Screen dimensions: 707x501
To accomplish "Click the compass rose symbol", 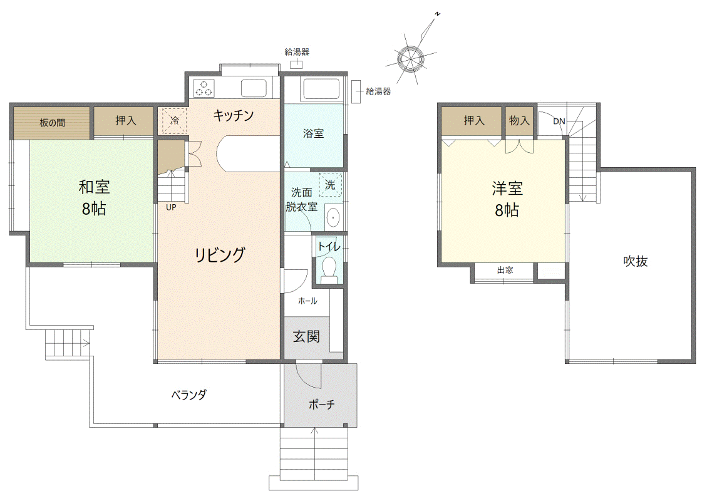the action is pos(411,58).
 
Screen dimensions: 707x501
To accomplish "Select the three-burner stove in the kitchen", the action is pos(204,88).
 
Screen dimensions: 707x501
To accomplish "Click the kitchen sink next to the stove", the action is pos(254,88).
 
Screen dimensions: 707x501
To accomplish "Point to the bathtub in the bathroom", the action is pos(321,89).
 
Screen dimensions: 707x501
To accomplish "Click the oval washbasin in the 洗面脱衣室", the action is pos(333,218).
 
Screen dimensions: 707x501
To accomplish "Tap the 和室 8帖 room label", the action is pos(94,197).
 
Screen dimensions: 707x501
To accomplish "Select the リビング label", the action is pos(220,255).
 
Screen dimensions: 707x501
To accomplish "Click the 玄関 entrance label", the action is pos(307,336).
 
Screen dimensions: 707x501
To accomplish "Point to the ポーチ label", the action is pos(321,405).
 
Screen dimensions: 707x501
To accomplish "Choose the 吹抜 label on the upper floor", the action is pos(636,261).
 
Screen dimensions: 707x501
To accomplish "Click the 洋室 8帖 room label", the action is pos(507,199).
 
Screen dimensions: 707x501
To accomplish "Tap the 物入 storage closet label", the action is pos(519,120).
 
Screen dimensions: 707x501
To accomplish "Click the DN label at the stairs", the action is pos(559,121).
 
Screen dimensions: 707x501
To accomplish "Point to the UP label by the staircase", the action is pos(171,207).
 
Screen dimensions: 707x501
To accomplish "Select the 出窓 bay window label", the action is pos(505,270).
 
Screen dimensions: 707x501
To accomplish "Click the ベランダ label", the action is pos(189,395).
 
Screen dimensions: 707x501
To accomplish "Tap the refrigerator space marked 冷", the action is pos(174,121).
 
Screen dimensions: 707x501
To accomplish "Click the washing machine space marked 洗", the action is pos(331,185).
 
